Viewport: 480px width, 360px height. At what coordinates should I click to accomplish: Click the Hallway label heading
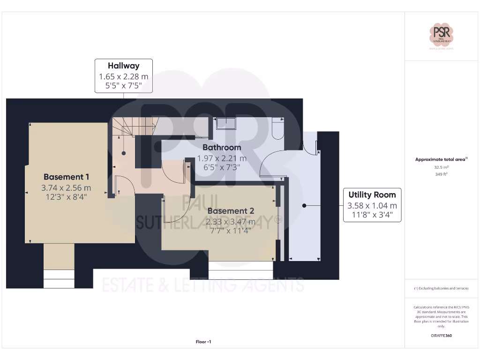[x=123, y=66]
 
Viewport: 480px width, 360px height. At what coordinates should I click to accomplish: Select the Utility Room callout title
[x=372, y=195]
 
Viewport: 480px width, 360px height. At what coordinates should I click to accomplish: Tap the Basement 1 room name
[x=66, y=177]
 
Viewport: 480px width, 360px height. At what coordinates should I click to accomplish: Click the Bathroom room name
[x=222, y=147]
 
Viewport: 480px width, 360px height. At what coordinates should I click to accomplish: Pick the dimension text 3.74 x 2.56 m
[x=66, y=187]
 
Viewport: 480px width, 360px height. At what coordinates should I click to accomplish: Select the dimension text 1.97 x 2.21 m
[x=222, y=158]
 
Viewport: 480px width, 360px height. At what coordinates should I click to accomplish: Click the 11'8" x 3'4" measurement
[x=372, y=216]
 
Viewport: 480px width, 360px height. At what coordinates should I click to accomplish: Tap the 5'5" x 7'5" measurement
[x=123, y=86]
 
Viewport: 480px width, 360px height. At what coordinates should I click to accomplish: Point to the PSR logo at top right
[x=441, y=36]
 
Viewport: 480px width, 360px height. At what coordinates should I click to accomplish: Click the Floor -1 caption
[x=203, y=342]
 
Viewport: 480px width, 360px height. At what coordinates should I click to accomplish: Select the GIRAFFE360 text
[x=441, y=336]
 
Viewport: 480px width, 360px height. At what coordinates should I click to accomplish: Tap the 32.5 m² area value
[x=441, y=167]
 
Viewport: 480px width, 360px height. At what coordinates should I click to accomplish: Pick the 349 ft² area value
[x=441, y=174]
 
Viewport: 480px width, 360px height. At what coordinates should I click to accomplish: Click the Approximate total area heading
[x=441, y=159]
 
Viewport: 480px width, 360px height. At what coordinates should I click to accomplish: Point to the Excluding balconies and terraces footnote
[x=441, y=288]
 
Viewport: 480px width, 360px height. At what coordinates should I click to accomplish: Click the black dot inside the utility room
[x=304, y=205]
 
